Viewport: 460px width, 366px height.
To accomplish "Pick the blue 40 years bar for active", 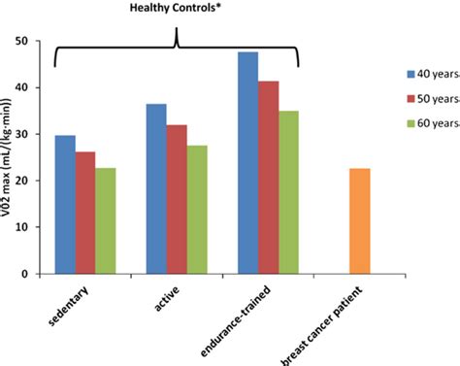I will [156, 188].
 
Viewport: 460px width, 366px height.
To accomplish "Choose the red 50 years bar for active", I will [177, 199].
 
